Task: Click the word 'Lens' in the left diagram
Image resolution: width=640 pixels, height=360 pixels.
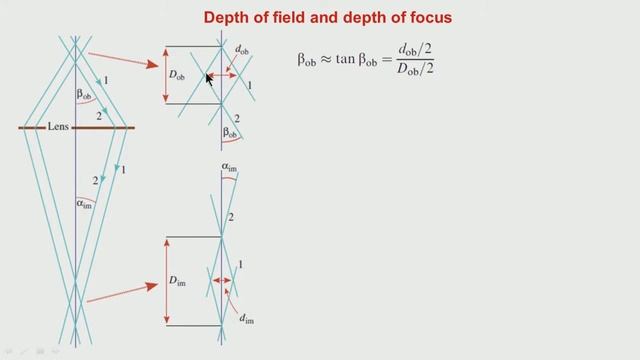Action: coord(59,127)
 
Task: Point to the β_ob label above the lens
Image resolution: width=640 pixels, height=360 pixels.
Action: coord(90,95)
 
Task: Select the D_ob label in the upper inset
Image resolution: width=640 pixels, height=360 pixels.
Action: coord(178,75)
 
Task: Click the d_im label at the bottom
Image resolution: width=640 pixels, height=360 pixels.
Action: coord(245,319)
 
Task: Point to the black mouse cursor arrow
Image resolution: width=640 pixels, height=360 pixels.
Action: coord(209,79)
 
